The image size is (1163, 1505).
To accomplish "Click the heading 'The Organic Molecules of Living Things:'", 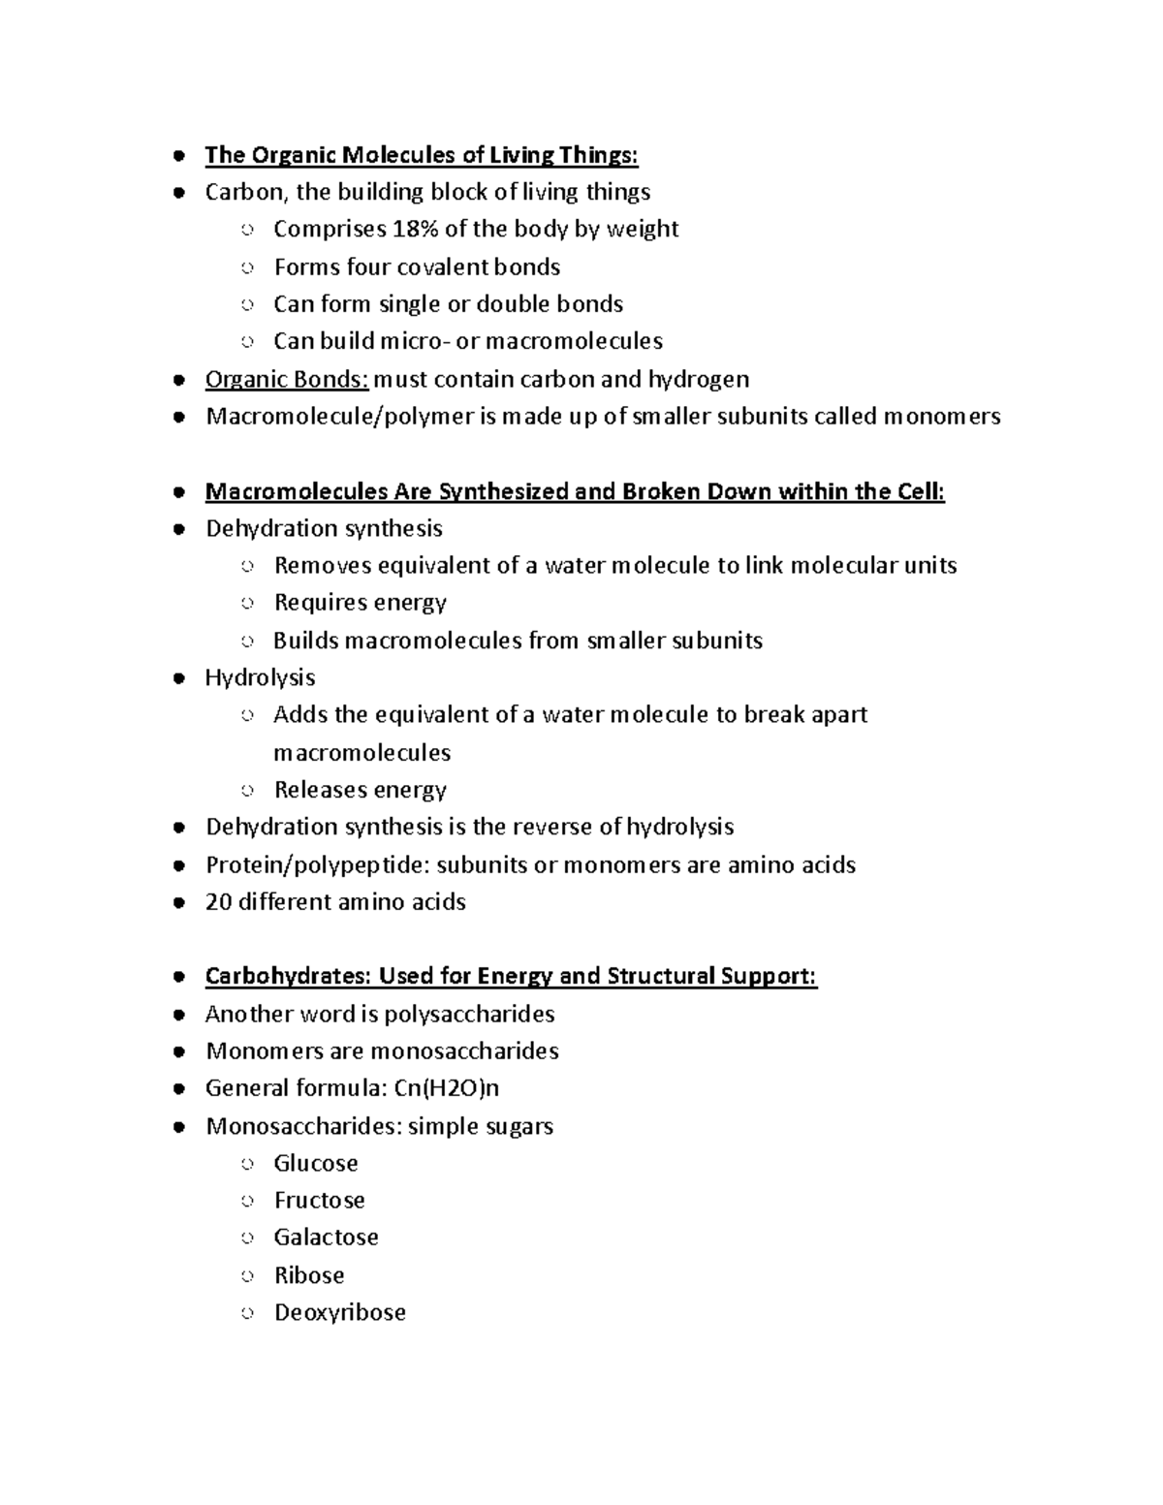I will coord(422,155).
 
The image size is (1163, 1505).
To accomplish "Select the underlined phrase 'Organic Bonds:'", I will coord(287,379).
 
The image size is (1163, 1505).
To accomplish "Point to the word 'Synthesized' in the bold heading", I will coord(503,491).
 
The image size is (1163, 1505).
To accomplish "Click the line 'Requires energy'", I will coord(360,603).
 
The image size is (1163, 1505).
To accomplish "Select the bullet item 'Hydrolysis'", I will coord(260,677).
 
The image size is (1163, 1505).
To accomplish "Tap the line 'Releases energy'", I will coord(360,790).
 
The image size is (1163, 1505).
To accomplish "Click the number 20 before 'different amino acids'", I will coord(218,902).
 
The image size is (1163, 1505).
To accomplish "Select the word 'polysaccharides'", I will coord(469,1015).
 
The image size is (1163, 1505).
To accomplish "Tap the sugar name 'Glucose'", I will coord(316,1163).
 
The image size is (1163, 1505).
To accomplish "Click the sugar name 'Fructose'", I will coord(319,1200).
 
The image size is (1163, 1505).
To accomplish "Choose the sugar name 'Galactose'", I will coord(326,1238).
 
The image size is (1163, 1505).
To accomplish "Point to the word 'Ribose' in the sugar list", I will coord(309,1275).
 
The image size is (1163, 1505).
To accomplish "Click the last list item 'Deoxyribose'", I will coord(339,1312).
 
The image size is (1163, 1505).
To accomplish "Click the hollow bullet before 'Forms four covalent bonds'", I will coord(247,267).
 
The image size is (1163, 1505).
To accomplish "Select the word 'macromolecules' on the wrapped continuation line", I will coord(361,753).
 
